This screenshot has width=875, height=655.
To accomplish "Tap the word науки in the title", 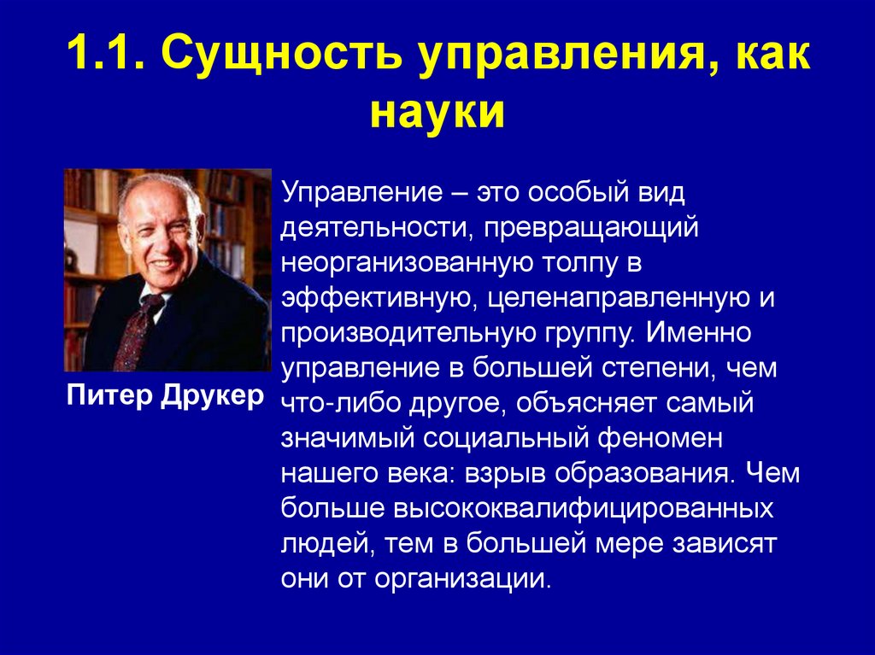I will coord(437,114).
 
